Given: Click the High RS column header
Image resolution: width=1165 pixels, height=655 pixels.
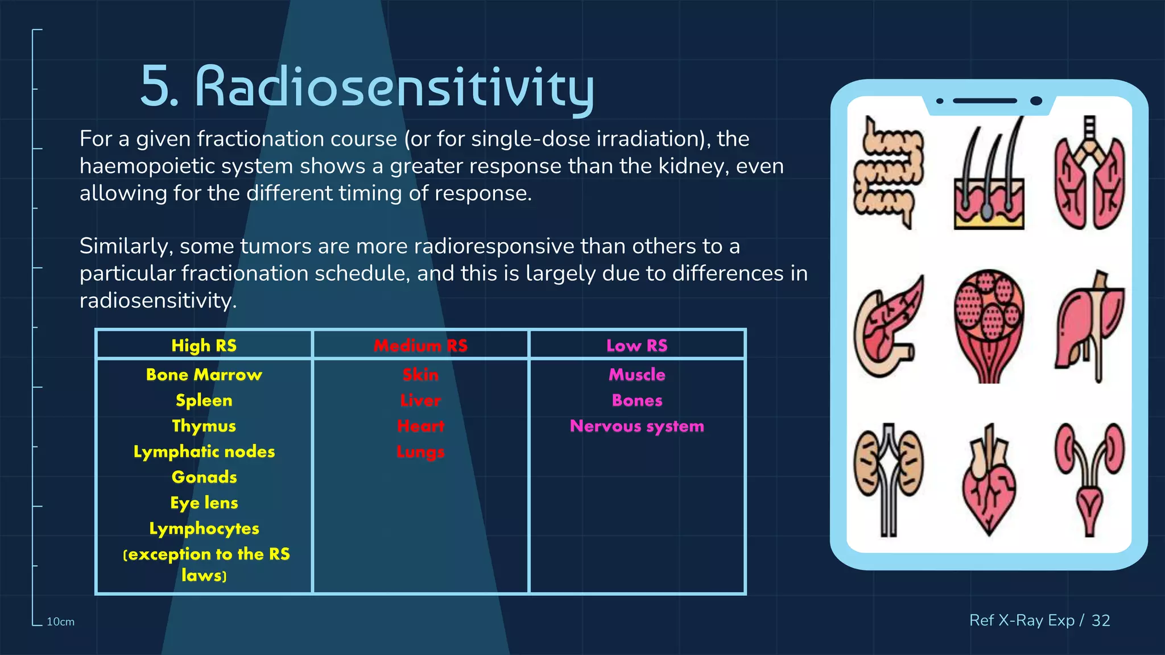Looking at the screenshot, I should click(204, 345).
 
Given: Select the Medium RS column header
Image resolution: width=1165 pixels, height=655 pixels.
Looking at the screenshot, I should click(420, 345).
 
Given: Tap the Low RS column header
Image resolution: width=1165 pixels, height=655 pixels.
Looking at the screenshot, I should click(637, 345).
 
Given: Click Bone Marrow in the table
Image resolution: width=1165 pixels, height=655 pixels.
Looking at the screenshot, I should click(204, 375).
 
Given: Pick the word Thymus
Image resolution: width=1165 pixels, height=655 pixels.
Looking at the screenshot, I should click(204, 426).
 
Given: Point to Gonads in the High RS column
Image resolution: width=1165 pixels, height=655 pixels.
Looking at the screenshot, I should click(204, 477).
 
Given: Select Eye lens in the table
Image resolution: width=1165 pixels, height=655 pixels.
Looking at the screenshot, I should click(204, 503).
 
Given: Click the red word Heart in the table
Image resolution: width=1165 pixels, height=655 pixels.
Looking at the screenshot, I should click(420, 426).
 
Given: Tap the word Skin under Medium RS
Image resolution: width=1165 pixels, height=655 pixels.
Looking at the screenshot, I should click(420, 375).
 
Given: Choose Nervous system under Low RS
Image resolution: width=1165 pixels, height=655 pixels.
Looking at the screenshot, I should click(637, 426).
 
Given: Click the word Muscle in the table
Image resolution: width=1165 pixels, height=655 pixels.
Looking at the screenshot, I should click(637, 375).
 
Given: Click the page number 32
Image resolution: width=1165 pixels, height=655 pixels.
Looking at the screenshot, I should click(1100, 620).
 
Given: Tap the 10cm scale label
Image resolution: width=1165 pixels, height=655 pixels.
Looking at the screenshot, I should click(60, 622).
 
